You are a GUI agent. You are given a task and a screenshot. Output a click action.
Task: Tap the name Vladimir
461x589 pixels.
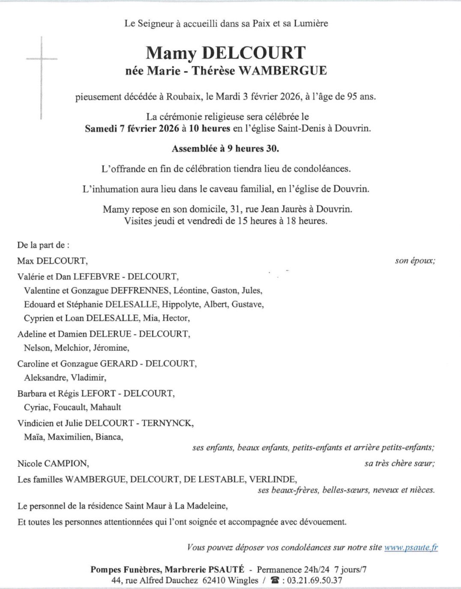[88, 378]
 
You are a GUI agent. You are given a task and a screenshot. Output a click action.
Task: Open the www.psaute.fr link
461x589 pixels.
[411, 547]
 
